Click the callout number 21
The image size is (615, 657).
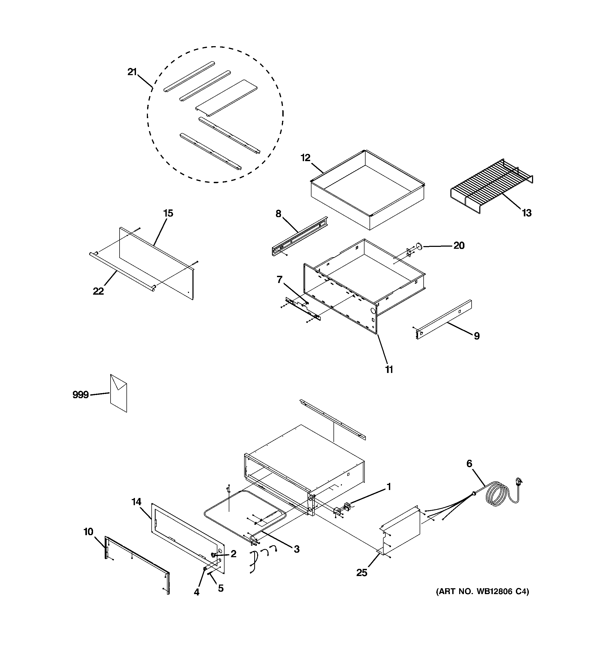132,72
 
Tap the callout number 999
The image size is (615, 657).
81,394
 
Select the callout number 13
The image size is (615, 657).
526,213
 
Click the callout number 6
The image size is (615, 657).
469,464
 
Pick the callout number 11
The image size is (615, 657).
389,370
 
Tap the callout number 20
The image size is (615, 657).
459,245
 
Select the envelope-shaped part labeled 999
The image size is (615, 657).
118,394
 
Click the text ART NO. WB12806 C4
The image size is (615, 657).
482,591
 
